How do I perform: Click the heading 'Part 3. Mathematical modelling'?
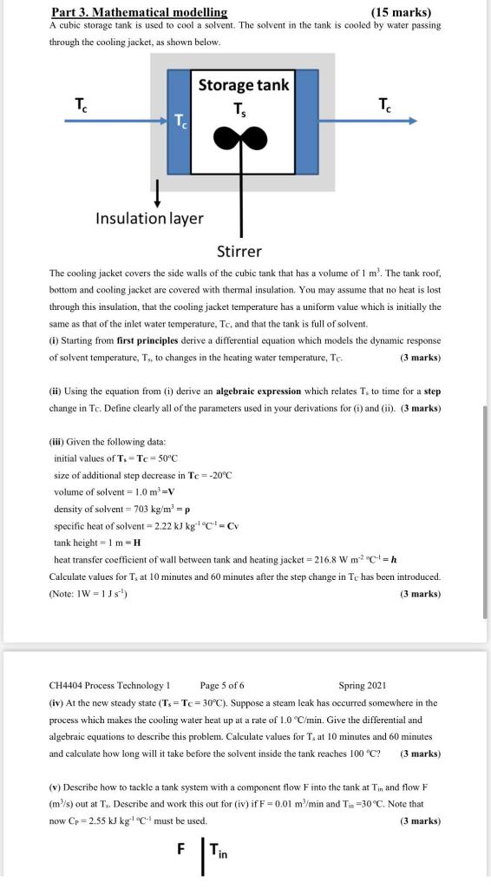139,11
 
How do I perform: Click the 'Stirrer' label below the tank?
239,252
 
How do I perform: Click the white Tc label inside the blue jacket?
180,119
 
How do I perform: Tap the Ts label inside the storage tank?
240,109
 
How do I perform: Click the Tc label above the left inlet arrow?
81,105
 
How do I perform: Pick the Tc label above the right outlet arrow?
384,105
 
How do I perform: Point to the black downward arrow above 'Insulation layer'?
157,190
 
